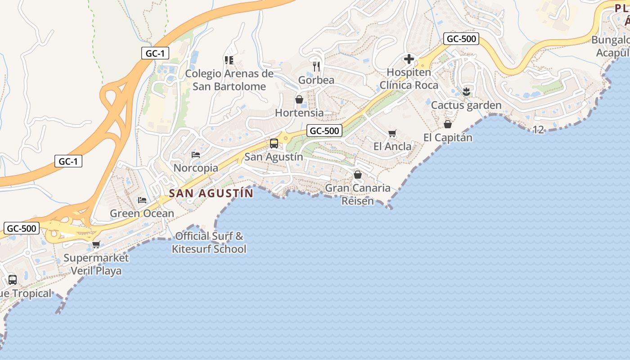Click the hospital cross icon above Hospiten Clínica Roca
tap(409, 59)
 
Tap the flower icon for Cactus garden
tap(466, 92)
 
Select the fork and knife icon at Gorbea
tap(316, 67)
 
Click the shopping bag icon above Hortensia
tap(299, 99)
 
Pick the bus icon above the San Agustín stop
tap(274, 144)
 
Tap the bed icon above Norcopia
tap(196, 155)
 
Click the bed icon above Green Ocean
tap(142, 200)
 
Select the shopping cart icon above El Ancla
tap(392, 133)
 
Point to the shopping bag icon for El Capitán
tap(448, 124)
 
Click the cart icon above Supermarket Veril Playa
tap(96, 245)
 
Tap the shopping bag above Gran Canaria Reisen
tap(358, 175)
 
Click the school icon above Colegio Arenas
tap(229, 60)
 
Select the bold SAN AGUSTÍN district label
tap(211, 193)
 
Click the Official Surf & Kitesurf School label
tap(209, 243)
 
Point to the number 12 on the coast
tap(538, 130)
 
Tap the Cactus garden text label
tap(466, 105)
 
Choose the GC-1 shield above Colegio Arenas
tap(155, 53)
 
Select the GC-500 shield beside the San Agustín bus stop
tap(324, 131)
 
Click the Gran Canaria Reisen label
tap(358, 194)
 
